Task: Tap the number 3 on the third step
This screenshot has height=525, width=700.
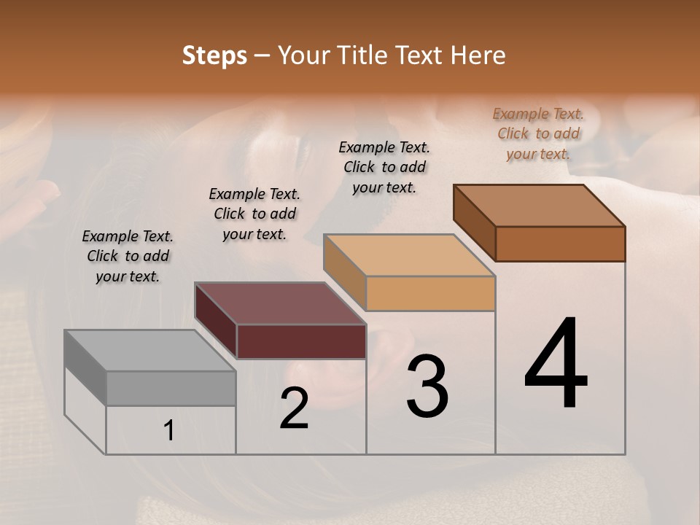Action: pyautogui.click(x=427, y=386)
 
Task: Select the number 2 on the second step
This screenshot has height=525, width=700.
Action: pyautogui.click(x=295, y=408)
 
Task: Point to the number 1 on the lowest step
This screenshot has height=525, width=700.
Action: pyautogui.click(x=169, y=431)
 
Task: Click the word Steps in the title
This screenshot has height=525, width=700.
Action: pyautogui.click(x=214, y=55)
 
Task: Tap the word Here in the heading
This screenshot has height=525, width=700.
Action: pyautogui.click(x=478, y=55)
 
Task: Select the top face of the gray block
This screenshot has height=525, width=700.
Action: pyautogui.click(x=149, y=351)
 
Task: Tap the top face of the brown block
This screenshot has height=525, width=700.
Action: pyautogui.click(x=540, y=206)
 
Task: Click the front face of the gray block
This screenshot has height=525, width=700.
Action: pyautogui.click(x=171, y=388)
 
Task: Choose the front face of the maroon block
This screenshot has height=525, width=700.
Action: pyautogui.click(x=301, y=341)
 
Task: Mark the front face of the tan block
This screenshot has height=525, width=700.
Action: pyautogui.click(x=430, y=293)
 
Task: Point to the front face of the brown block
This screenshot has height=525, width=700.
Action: pyautogui.click(x=560, y=244)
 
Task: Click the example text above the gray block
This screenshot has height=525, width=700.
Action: pyautogui.click(x=128, y=256)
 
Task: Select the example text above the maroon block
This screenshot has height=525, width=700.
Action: pyautogui.click(x=254, y=214)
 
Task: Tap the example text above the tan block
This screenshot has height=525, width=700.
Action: pyautogui.click(x=384, y=167)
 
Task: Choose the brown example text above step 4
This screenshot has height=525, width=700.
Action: pyautogui.click(x=538, y=133)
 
